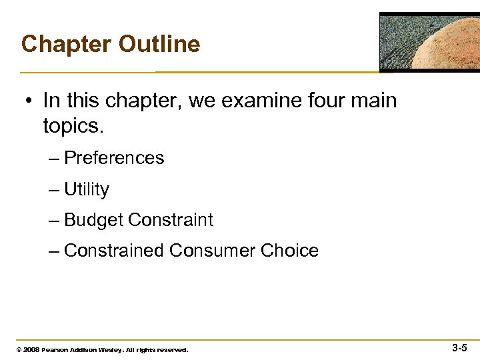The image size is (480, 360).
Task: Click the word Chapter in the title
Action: point(66,44)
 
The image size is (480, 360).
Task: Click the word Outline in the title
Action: point(159,44)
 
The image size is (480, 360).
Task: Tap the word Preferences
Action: point(114,158)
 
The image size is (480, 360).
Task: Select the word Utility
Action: point(87,189)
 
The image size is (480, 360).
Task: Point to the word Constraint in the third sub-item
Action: point(171,220)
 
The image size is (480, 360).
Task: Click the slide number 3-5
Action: point(459,347)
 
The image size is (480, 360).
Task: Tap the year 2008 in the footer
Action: point(31,349)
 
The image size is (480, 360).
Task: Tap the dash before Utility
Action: point(54,190)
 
